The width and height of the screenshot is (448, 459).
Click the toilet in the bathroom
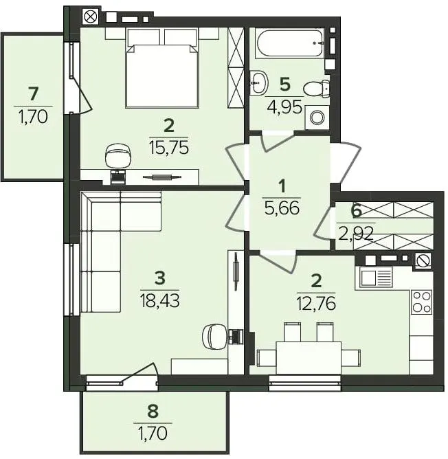[x=317, y=88]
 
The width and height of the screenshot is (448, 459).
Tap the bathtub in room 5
[x=290, y=43]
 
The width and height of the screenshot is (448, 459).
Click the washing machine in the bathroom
[x=317, y=117]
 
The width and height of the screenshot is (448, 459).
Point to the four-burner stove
[x=422, y=302]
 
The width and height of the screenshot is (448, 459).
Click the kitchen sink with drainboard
[x=374, y=278]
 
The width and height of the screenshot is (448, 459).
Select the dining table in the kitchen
[x=309, y=358]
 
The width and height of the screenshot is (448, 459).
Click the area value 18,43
[x=159, y=301]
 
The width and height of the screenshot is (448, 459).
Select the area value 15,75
[x=169, y=148]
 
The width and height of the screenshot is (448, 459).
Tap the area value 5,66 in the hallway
[x=282, y=208]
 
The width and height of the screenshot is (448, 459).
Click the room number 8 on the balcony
[x=153, y=411]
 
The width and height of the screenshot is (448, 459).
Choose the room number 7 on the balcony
[x=34, y=94]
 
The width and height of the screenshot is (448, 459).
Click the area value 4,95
[x=284, y=107]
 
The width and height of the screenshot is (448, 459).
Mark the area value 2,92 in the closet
[x=355, y=234]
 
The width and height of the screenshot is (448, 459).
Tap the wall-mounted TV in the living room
[x=235, y=272]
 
